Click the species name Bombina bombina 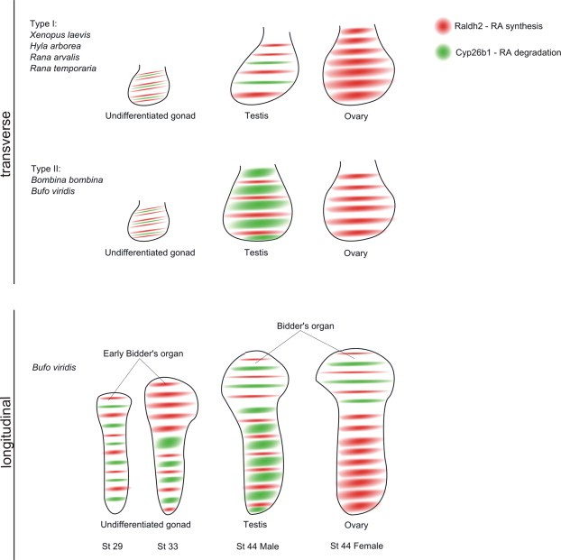67,179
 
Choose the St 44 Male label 256,546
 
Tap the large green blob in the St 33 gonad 168,442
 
